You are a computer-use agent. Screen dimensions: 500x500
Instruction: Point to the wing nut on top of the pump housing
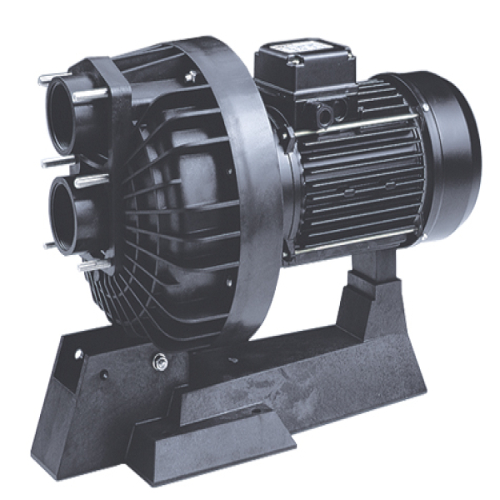pyautogui.click(x=192, y=76)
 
